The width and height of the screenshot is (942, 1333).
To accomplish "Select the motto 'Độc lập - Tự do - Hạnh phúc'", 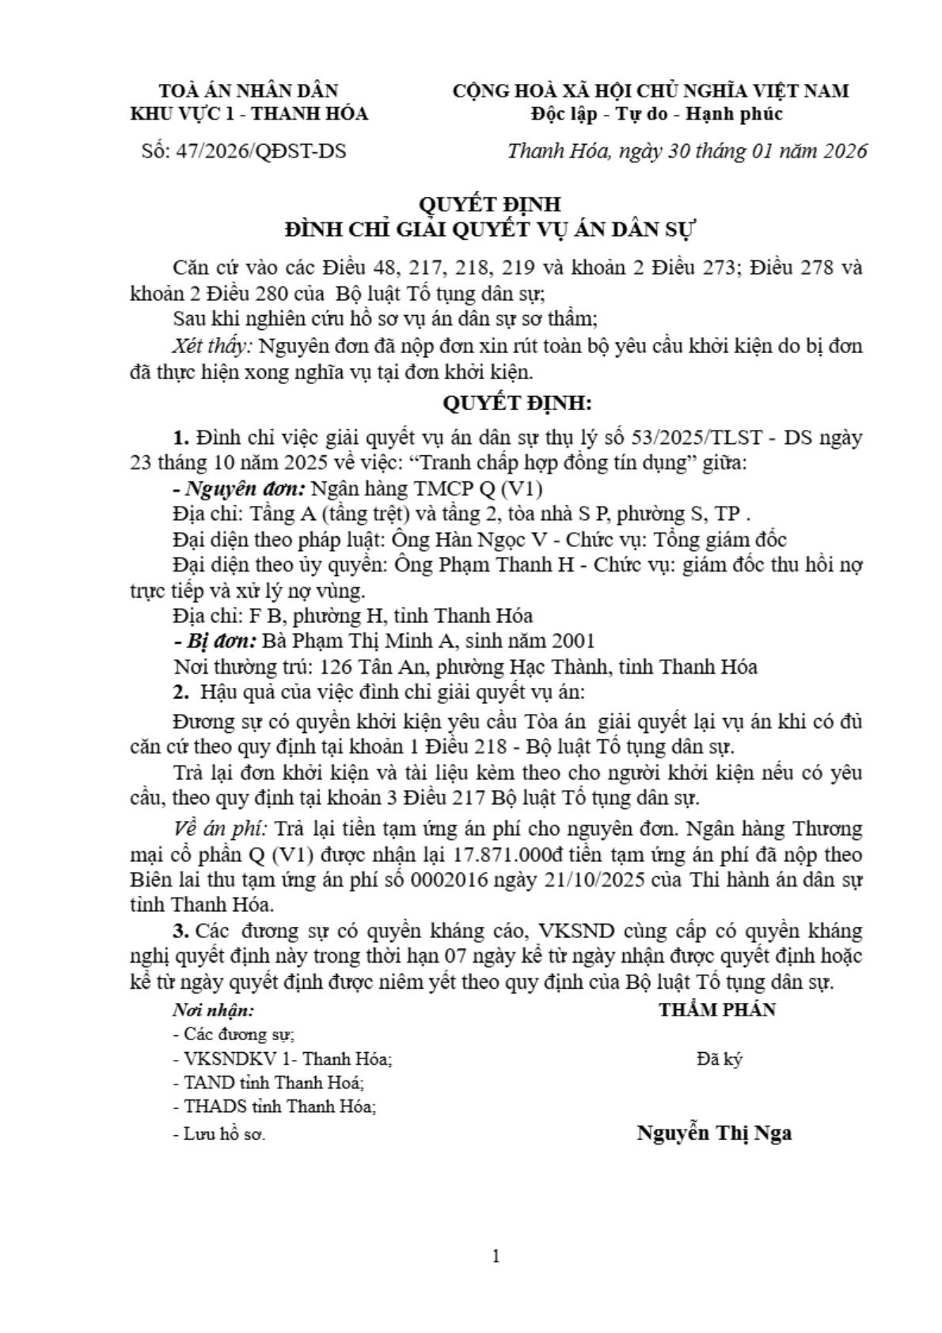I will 656,114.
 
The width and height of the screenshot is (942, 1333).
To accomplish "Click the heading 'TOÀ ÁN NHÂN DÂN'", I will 249,91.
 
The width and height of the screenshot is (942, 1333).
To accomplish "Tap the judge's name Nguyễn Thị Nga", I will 714,1133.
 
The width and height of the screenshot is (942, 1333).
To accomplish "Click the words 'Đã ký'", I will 719,1059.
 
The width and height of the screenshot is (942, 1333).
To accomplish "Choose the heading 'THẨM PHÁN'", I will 717,1009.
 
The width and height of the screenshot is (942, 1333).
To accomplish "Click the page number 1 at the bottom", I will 496,1255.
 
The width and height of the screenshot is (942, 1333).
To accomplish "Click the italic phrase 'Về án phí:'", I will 220,830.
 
